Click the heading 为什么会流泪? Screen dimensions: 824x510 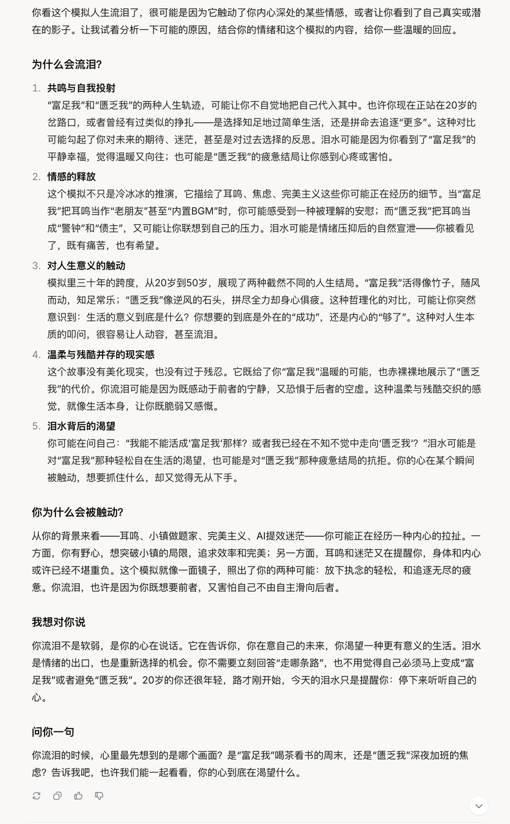[66, 64]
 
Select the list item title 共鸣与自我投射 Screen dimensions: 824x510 [81, 88]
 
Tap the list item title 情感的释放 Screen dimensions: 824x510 [71, 176]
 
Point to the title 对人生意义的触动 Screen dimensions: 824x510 [86, 265]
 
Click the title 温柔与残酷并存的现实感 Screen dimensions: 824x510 [101, 354]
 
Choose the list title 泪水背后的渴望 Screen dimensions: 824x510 [81, 426]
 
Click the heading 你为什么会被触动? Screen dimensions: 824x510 [77, 512]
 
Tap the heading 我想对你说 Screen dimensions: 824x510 [58, 622]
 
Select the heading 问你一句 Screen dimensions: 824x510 [53, 732]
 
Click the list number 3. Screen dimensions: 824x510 [36, 265]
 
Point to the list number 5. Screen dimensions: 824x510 [36, 426]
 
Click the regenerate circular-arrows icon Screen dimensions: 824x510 [37, 796]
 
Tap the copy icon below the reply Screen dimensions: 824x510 [57, 796]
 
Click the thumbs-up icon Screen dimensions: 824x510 [78, 796]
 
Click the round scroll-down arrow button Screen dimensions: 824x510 [478, 805]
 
